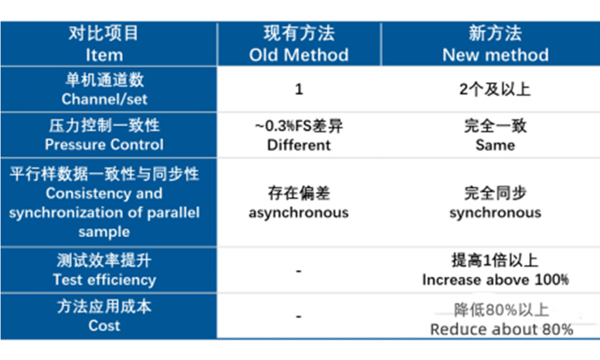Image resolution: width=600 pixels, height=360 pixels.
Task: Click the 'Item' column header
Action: pyautogui.click(x=104, y=55)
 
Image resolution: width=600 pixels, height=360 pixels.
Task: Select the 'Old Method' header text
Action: pyautogui.click(x=299, y=55)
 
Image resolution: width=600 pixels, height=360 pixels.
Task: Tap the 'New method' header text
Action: pyautogui.click(x=495, y=55)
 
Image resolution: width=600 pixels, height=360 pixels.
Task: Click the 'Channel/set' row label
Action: pyautogui.click(x=104, y=99)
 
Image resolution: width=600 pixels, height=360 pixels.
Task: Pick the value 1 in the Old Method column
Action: pyautogui.click(x=299, y=90)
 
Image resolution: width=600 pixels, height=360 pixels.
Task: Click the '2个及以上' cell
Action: pyautogui.click(x=495, y=90)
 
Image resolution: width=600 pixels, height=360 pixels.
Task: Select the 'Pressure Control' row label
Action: pyautogui.click(x=104, y=145)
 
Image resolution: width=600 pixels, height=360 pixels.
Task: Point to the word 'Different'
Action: pyautogui.click(x=299, y=145)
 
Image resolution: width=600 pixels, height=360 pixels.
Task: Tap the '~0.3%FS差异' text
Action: pyautogui.click(x=299, y=127)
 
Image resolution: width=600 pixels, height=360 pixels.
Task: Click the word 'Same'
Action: pyautogui.click(x=495, y=145)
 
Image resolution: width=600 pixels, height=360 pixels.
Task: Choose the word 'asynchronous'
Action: pyautogui.click(x=299, y=213)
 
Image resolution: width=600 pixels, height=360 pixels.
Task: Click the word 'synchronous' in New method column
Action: pyautogui.click(x=495, y=213)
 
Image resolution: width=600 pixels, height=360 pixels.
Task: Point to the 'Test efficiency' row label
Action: pyautogui.click(x=104, y=280)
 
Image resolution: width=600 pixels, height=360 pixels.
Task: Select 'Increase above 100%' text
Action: pyautogui.click(x=495, y=280)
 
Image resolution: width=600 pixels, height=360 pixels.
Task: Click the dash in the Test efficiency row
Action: pyautogui.click(x=299, y=271)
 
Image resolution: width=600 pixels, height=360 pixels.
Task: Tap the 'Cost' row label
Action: pyautogui.click(x=104, y=326)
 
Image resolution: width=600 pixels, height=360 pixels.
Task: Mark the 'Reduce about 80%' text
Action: pyautogui.click(x=501, y=329)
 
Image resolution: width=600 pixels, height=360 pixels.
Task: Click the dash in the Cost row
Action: pyautogui.click(x=299, y=316)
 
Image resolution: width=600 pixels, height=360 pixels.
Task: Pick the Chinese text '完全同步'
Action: pyautogui.click(x=495, y=193)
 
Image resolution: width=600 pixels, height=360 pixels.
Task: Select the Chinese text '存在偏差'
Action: pyautogui.click(x=299, y=193)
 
